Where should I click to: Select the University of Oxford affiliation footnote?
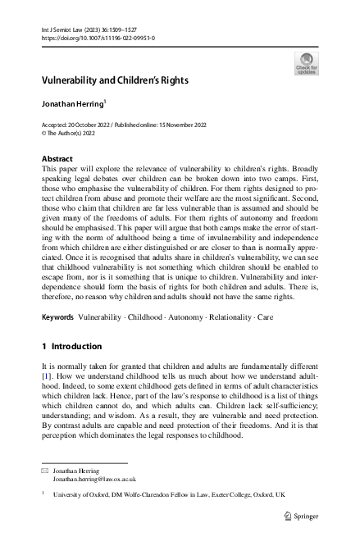(x=168, y=496)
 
